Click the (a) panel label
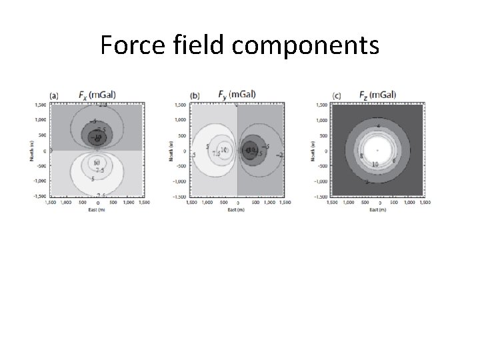click(55, 96)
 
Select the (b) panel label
click(195, 96)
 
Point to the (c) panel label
click(337, 96)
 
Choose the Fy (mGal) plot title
click(237, 94)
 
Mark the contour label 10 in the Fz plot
click(375, 164)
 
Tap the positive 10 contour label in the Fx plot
click(97, 163)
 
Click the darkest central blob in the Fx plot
click(97, 137)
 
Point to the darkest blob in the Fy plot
click(251, 150)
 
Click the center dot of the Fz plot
click(378, 151)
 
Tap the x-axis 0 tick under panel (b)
click(237, 202)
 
